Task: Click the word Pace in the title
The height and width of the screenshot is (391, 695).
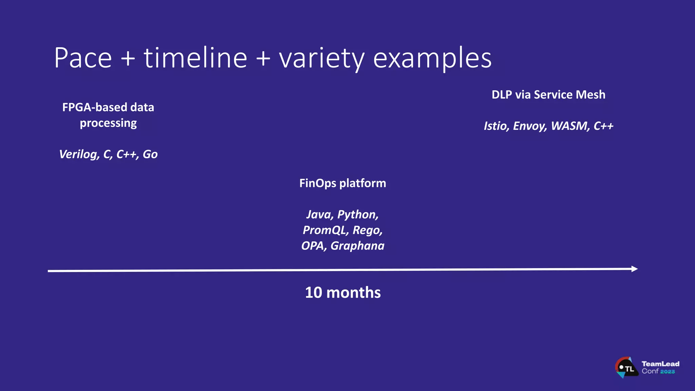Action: click(x=83, y=58)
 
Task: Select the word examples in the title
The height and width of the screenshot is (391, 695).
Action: click(x=432, y=58)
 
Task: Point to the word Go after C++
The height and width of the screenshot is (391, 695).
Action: click(x=150, y=154)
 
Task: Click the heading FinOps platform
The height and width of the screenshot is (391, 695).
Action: click(x=342, y=183)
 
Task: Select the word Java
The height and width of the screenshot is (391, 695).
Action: click(x=320, y=215)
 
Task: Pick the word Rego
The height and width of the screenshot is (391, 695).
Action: click(x=368, y=230)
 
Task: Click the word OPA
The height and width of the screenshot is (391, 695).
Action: click(x=314, y=246)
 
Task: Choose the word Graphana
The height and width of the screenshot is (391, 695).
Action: click(x=357, y=246)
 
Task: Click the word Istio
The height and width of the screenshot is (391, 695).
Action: click(x=496, y=126)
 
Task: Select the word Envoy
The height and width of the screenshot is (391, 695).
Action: click(x=530, y=126)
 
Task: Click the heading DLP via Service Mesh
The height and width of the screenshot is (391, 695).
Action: click(x=548, y=95)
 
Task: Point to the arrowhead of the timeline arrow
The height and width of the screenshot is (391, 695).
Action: click(x=634, y=269)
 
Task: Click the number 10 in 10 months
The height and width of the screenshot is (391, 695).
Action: click(x=313, y=293)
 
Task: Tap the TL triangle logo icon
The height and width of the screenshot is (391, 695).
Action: click(x=626, y=368)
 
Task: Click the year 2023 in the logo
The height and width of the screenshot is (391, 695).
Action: click(x=668, y=372)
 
